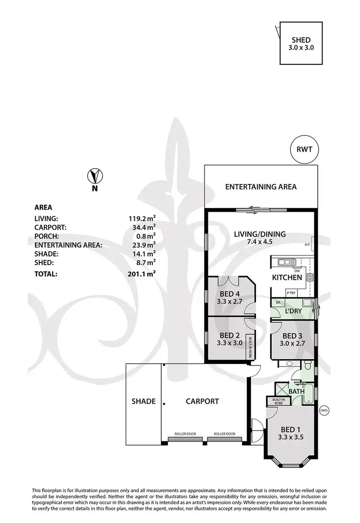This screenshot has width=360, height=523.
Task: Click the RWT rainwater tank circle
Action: point(304,149)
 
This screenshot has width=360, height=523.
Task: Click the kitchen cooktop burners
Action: point(310,277)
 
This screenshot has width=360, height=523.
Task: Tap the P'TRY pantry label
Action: point(291,292)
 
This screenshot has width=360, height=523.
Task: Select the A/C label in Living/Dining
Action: point(308,244)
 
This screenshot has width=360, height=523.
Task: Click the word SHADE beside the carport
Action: point(144,401)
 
